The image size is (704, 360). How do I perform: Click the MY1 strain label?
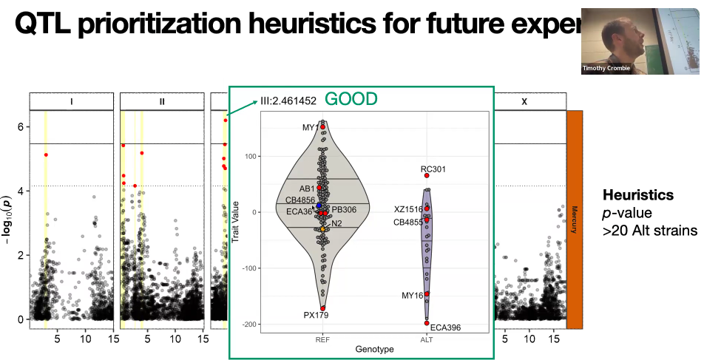(x=310, y=128)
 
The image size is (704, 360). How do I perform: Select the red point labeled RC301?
(x=427, y=175)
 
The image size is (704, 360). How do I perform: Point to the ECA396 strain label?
(x=445, y=327)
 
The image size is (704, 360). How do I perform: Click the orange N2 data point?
(x=323, y=229)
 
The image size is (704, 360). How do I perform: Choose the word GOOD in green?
(x=351, y=99)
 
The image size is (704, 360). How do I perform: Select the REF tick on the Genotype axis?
(x=322, y=339)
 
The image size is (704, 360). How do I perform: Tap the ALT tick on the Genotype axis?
(x=427, y=339)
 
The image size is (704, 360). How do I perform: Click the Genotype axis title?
(x=374, y=348)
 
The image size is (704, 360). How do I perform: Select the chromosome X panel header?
(x=524, y=101)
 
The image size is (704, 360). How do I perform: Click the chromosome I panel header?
(x=71, y=101)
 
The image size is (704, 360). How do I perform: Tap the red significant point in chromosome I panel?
(x=46, y=154)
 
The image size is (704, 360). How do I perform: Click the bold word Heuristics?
(x=638, y=195)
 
